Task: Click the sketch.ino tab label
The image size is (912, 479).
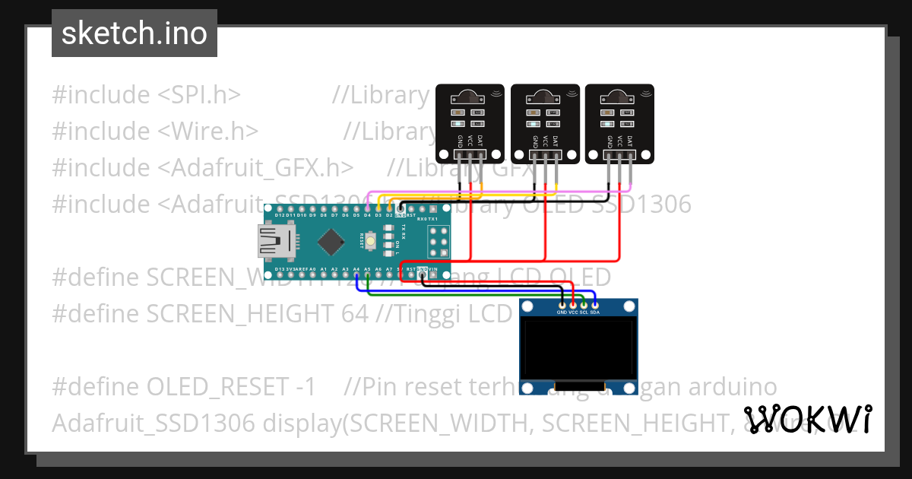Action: (x=134, y=33)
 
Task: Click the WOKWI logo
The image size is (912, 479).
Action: (x=807, y=419)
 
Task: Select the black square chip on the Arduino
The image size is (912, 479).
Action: (x=331, y=243)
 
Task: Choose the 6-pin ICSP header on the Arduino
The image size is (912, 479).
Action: (x=438, y=242)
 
